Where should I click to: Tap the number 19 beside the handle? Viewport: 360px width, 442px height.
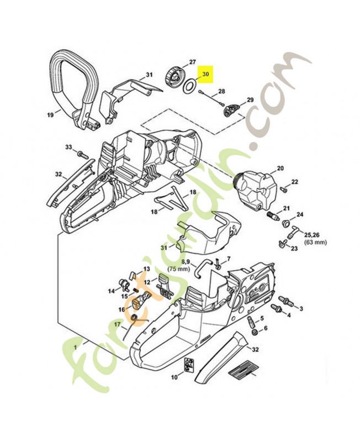(x=50, y=115)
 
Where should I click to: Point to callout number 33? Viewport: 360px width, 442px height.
(x=68, y=148)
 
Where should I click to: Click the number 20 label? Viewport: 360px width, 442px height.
(x=280, y=169)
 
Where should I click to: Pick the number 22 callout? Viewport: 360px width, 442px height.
(x=294, y=182)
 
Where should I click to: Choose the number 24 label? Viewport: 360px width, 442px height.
(x=300, y=214)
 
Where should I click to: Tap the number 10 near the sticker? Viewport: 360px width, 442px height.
(x=173, y=377)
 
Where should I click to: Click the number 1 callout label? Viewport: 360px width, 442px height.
(x=75, y=347)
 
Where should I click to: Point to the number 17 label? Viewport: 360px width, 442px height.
(x=117, y=325)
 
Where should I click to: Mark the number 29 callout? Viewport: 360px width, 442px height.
(x=250, y=100)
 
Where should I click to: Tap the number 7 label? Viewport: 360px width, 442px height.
(x=229, y=259)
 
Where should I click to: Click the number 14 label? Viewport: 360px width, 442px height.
(x=111, y=291)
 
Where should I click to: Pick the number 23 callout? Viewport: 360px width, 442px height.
(x=294, y=249)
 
